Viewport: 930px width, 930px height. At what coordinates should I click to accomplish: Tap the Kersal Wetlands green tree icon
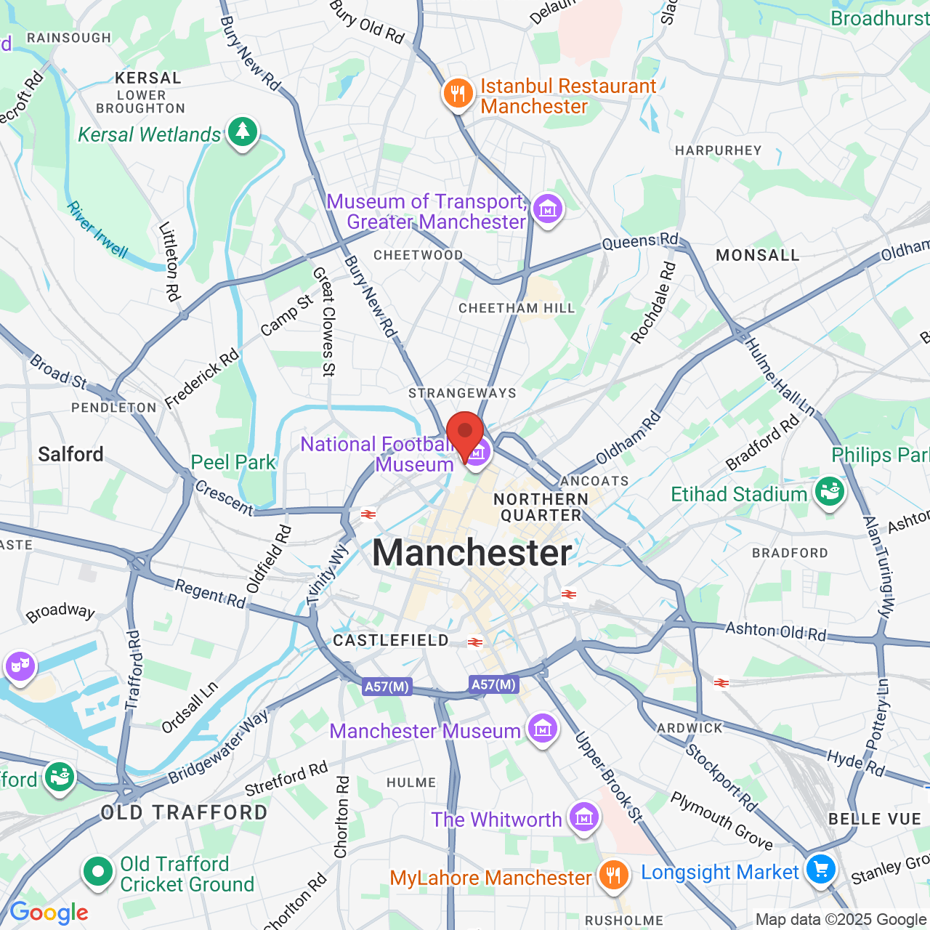point(243,132)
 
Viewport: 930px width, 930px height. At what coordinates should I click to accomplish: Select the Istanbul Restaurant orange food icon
point(458,94)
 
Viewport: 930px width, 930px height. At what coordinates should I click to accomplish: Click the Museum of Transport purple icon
point(548,210)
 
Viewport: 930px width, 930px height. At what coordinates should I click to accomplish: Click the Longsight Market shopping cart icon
point(820,870)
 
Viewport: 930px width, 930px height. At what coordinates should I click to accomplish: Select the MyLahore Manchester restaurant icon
point(613,876)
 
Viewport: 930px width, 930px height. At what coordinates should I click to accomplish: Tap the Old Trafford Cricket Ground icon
point(97,871)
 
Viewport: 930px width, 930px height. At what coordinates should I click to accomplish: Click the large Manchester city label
point(472,553)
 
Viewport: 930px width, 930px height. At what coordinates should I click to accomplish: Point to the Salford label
point(70,455)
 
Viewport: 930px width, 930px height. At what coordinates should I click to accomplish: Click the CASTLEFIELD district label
point(391,640)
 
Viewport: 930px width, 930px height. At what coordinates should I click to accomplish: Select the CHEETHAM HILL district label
point(517,308)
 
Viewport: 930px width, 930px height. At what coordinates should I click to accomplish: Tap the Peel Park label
point(233,462)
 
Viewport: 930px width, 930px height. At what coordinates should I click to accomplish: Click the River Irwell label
point(97,230)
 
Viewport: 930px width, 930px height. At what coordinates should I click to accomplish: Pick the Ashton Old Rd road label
point(775,631)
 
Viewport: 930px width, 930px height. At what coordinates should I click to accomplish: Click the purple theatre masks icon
point(20,666)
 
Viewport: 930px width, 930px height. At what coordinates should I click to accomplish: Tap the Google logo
point(49,913)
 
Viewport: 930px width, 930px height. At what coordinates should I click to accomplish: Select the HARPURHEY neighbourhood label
point(718,150)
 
